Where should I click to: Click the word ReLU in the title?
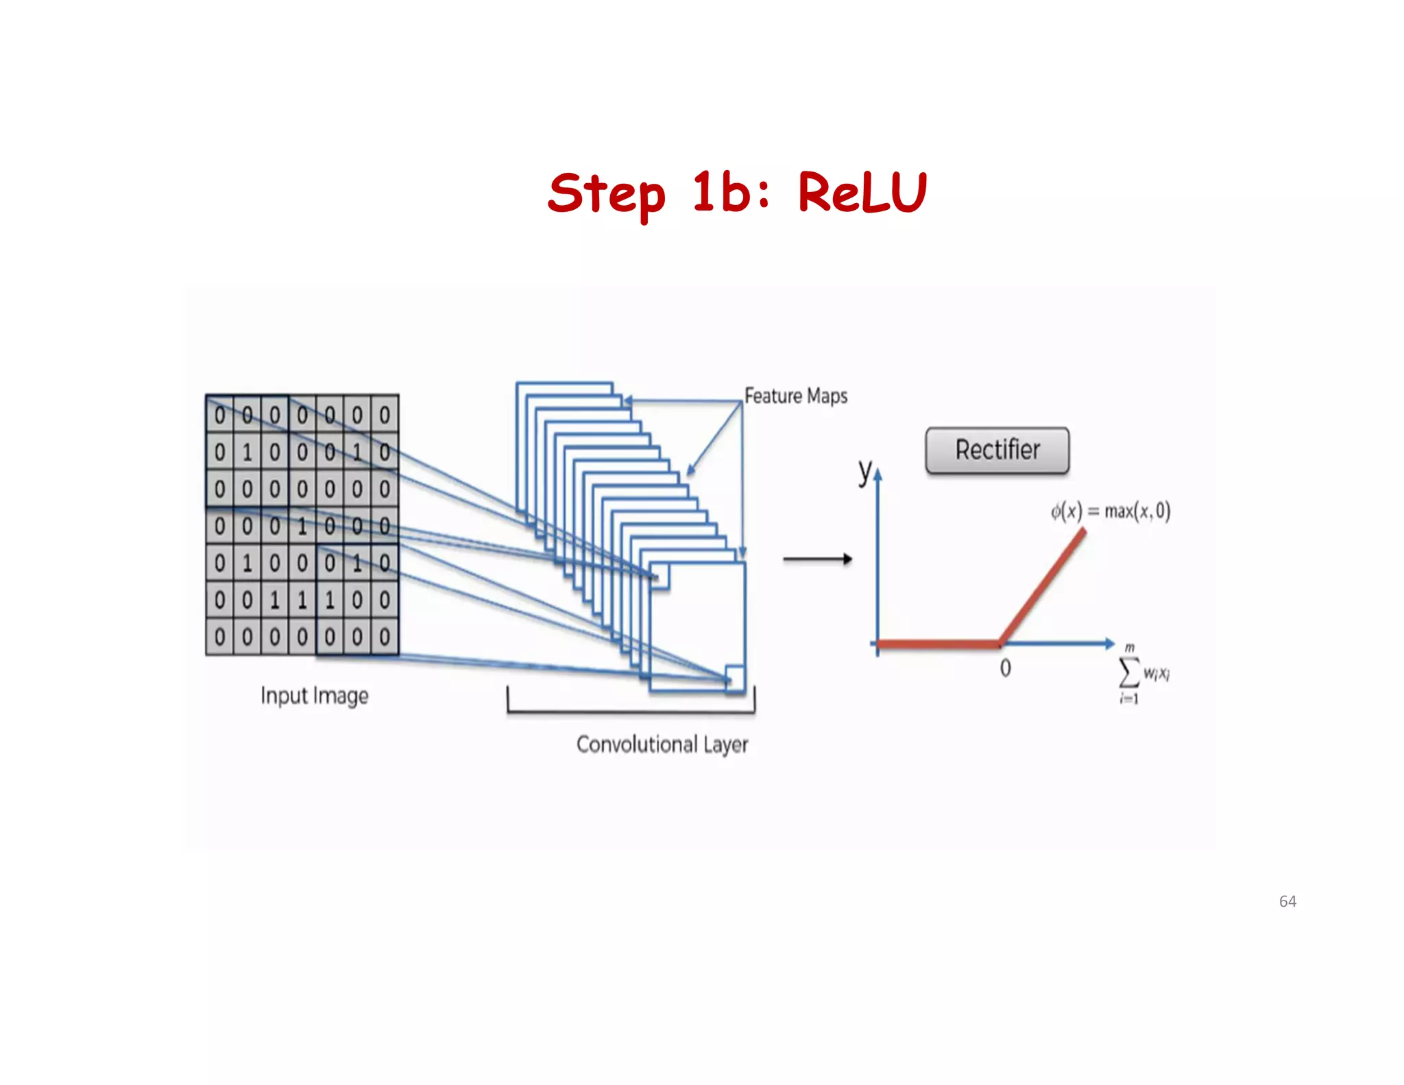(862, 193)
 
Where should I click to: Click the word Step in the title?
(607, 195)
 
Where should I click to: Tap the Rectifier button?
(997, 451)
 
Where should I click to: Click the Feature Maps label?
(796, 396)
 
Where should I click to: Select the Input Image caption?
(314, 695)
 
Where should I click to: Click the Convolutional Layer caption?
(662, 745)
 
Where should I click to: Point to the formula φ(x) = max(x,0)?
(1110, 511)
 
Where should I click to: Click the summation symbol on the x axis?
(1129, 673)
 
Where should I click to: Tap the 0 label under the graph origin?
(1005, 668)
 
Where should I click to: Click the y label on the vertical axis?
(865, 471)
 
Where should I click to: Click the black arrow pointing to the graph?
(817, 559)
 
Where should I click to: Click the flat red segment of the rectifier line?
(938, 643)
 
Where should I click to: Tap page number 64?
(1287, 901)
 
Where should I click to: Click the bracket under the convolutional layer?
(631, 712)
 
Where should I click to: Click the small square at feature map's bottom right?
(735, 678)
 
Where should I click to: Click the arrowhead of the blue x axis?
(1110, 643)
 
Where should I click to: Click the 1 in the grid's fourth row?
(302, 526)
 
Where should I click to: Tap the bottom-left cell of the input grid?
(219, 637)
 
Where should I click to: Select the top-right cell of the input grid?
(385, 415)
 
